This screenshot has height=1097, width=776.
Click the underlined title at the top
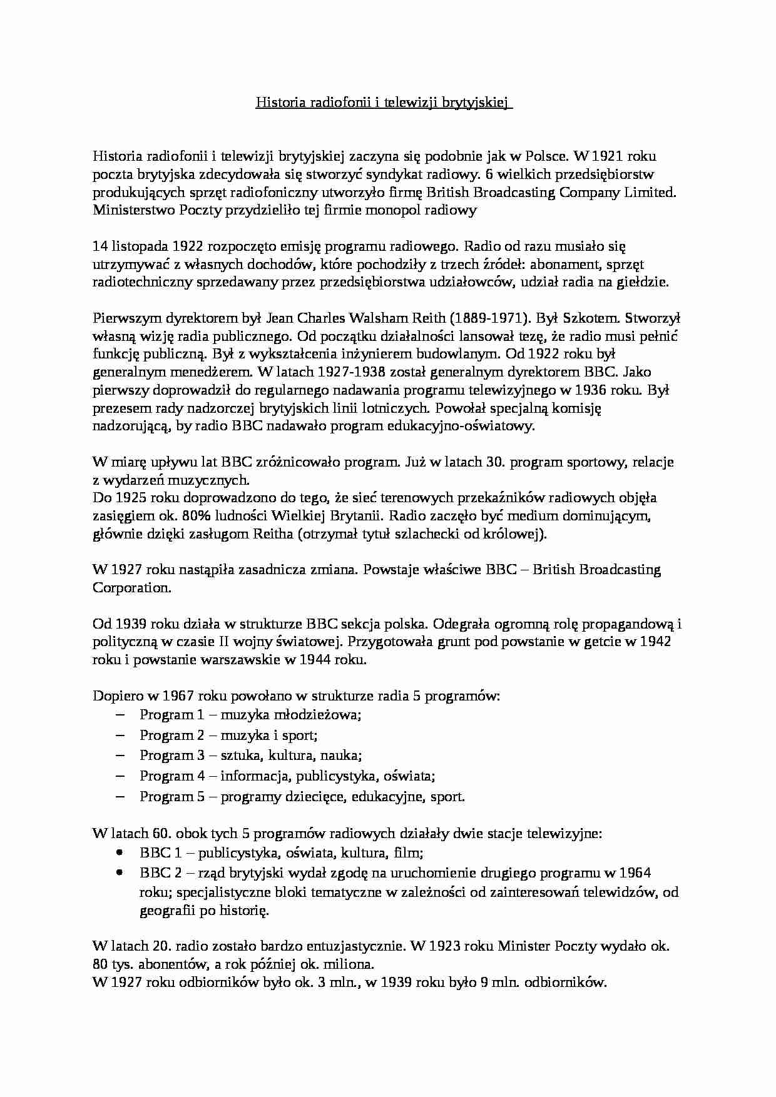point(384,103)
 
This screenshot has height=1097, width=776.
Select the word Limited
point(651,192)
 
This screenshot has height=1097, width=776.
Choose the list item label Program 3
point(172,756)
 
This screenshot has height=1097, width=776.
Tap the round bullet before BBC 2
point(121,873)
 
